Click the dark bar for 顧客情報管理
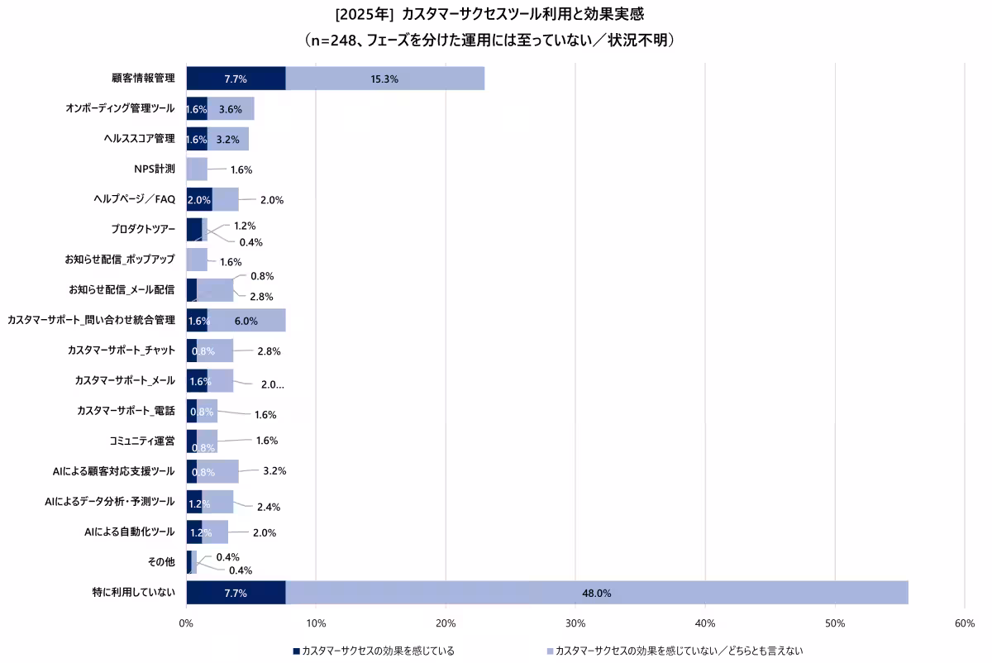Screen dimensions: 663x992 pyautogui.click(x=236, y=79)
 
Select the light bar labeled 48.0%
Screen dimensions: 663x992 pyautogui.click(x=596, y=593)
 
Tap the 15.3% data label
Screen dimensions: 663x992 pyautogui.click(x=384, y=79)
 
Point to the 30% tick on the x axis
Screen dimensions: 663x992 pyautogui.click(x=575, y=622)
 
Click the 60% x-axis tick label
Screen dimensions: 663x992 pyautogui.click(x=964, y=622)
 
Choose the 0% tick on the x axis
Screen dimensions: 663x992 pyautogui.click(x=186, y=622)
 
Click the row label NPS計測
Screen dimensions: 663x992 pyautogui.click(x=155, y=169)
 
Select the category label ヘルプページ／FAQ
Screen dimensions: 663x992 pyautogui.click(x=135, y=199)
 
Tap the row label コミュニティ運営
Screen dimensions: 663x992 pyautogui.click(x=141, y=441)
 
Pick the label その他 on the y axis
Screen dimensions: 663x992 pyautogui.click(x=161, y=562)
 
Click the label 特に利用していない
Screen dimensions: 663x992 pyautogui.click(x=134, y=593)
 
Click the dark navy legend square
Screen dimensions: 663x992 pyautogui.click(x=296, y=651)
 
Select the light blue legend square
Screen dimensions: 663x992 pyautogui.click(x=549, y=651)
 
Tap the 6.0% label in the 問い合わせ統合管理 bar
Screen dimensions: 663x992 pyautogui.click(x=246, y=321)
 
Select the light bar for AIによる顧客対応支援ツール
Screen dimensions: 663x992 pyautogui.click(x=217, y=471)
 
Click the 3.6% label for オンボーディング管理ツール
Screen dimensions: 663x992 pyautogui.click(x=230, y=109)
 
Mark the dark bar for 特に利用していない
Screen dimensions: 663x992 pyautogui.click(x=236, y=593)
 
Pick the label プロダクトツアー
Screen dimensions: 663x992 pyautogui.click(x=143, y=229)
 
